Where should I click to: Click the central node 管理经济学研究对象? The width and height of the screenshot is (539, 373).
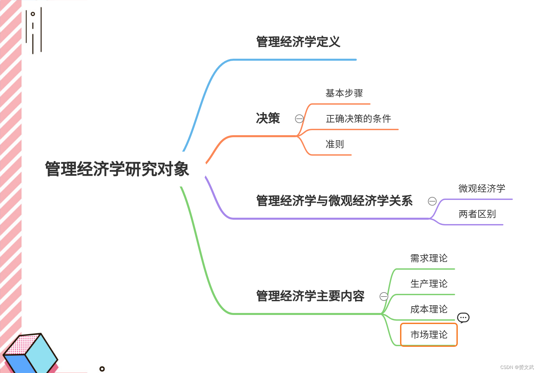(x=117, y=169)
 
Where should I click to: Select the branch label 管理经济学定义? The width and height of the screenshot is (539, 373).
(x=298, y=42)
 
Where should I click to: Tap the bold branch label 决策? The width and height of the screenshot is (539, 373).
(x=268, y=118)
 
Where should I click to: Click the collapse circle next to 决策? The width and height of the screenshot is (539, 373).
(x=299, y=119)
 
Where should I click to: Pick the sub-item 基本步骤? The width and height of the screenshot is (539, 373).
(x=344, y=93)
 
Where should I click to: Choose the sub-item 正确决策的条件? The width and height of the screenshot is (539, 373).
(x=358, y=119)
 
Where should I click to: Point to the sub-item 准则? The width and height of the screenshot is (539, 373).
(x=335, y=144)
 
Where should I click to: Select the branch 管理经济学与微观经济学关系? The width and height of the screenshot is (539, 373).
(x=334, y=201)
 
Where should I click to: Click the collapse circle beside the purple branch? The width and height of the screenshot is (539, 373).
(x=432, y=201)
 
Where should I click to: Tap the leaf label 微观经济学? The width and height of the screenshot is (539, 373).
(x=482, y=189)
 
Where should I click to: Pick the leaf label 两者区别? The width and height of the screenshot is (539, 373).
(x=477, y=214)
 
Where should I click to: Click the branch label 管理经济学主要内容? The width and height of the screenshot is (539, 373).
(x=310, y=296)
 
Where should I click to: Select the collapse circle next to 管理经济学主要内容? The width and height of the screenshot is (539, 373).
(x=384, y=297)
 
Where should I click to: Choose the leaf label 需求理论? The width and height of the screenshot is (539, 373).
(x=429, y=258)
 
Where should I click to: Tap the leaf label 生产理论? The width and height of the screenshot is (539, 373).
(x=429, y=284)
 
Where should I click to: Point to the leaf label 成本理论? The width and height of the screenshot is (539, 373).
(x=429, y=309)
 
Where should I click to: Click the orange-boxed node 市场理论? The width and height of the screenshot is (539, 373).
(x=429, y=335)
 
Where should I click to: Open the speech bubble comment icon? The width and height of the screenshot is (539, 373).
(x=463, y=317)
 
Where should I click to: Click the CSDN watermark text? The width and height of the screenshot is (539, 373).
(x=517, y=367)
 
